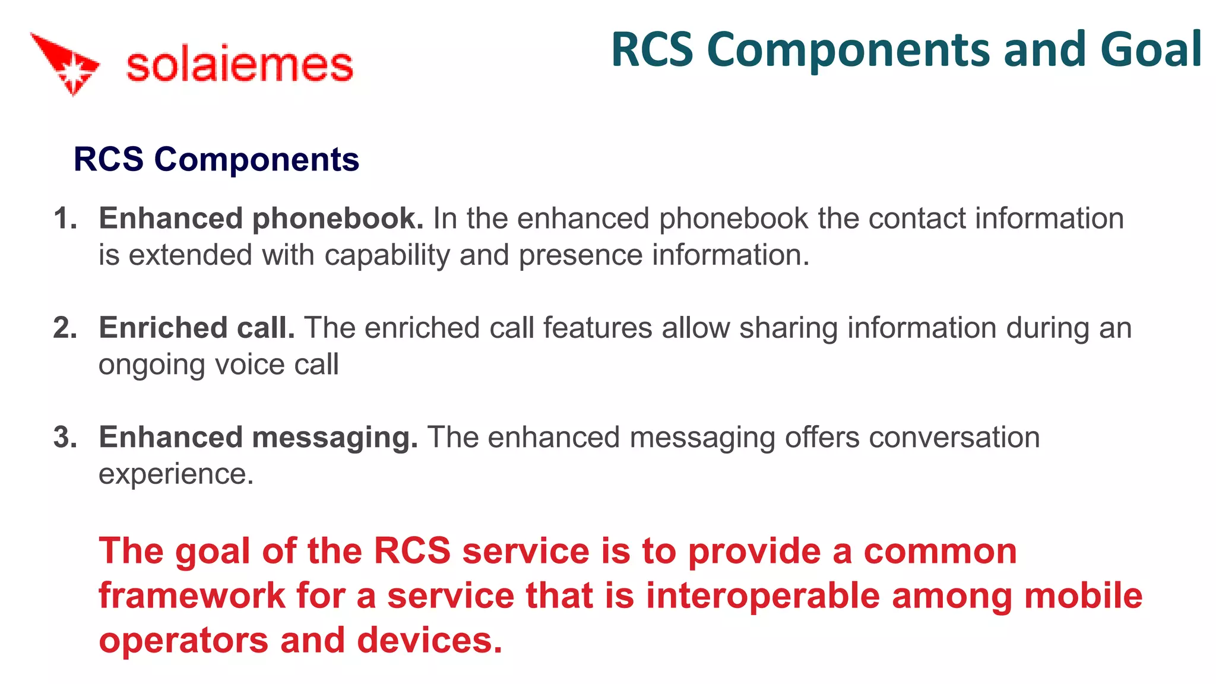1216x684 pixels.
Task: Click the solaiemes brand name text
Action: [240, 65]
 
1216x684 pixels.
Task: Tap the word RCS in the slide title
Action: [652, 50]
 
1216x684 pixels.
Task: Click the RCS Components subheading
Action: [216, 160]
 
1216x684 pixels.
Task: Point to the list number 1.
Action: [65, 218]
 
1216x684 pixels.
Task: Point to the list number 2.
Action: [65, 328]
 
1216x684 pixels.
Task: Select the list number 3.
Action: [65, 438]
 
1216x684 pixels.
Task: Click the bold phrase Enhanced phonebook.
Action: [261, 218]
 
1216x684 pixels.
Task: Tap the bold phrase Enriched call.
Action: [197, 328]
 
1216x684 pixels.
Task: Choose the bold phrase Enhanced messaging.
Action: [258, 438]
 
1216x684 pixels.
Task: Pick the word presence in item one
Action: [580, 256]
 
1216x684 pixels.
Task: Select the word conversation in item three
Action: [954, 438]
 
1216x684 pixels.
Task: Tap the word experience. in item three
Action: [176, 474]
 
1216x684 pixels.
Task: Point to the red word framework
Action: [192, 596]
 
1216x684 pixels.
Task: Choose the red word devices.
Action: [429, 640]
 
